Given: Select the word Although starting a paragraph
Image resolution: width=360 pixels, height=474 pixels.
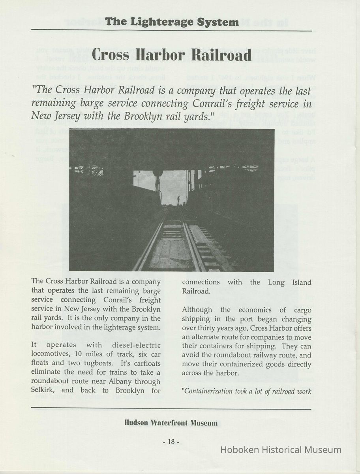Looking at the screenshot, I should click(x=197, y=310).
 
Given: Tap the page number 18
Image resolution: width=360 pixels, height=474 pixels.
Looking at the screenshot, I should click(x=171, y=442).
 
